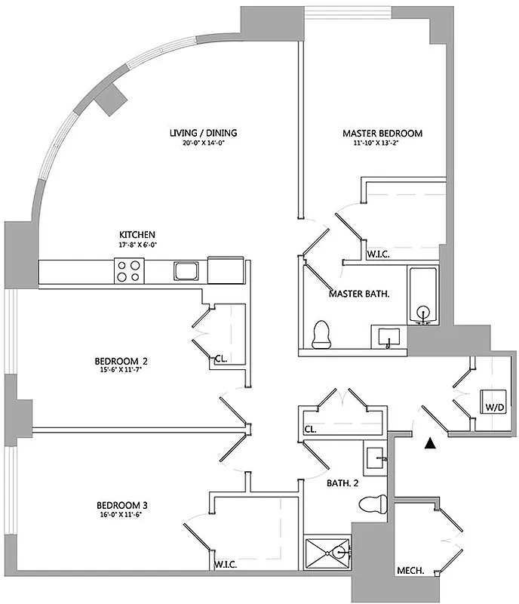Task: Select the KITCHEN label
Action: coord(137,234)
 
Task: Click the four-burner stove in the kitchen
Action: coord(129,270)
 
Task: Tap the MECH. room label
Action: coord(410,571)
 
